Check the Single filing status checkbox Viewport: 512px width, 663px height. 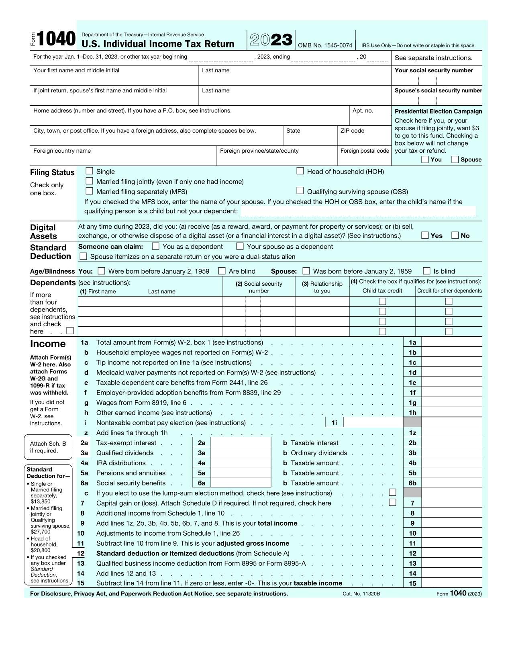point(89,171)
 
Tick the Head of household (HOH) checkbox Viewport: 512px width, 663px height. point(300,171)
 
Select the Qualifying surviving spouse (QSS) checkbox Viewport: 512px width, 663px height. point(300,191)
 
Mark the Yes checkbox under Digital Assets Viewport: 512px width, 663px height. point(425,235)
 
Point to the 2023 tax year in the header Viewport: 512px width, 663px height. point(271,40)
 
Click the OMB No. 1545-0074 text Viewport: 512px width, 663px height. point(325,45)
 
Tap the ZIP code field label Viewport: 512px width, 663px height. point(352,131)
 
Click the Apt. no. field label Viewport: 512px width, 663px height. point(363,110)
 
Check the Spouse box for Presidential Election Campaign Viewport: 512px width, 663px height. point(455,160)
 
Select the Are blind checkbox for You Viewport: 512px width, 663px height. point(222,271)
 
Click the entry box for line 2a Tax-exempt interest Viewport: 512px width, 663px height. point(241,442)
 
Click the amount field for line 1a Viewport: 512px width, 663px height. point(451,342)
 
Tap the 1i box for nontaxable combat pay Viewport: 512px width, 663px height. point(373,422)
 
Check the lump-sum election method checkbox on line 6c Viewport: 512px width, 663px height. point(393,493)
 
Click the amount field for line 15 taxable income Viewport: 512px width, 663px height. point(451,583)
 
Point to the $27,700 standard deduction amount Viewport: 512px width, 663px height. point(41,532)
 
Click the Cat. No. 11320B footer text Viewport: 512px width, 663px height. point(361,594)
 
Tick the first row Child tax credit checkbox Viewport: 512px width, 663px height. point(382,301)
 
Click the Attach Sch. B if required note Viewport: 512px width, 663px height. point(48,447)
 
